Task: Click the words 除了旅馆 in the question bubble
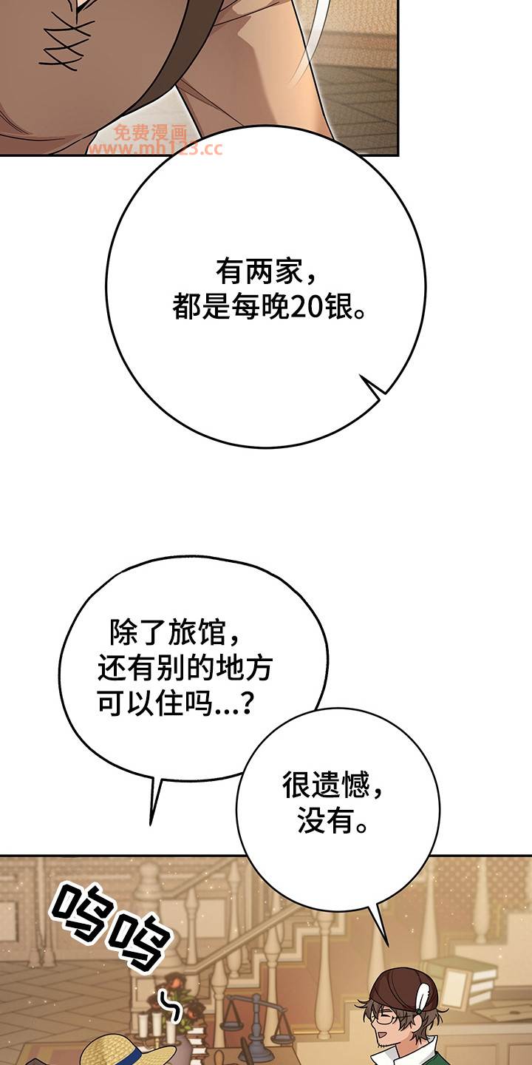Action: (167, 633)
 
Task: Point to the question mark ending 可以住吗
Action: (247, 703)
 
